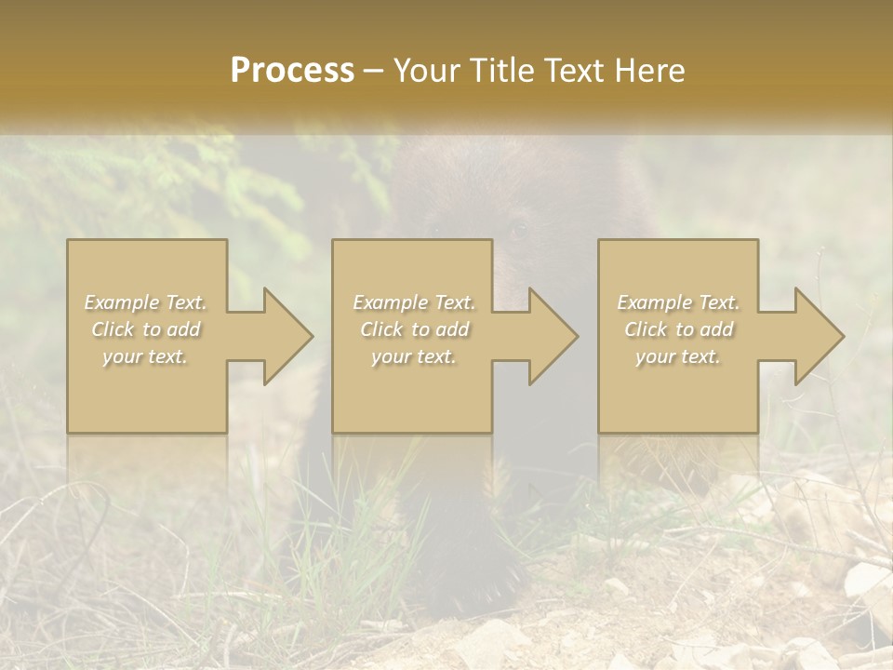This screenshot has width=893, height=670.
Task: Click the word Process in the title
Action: tap(292, 71)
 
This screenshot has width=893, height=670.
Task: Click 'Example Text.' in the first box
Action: tap(146, 302)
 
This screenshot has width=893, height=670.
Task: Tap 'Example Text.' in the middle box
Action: tap(414, 302)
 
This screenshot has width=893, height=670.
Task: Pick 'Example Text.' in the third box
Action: tap(678, 302)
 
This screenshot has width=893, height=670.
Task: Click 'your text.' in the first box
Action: tap(146, 356)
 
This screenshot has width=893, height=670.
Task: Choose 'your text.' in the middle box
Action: tap(414, 356)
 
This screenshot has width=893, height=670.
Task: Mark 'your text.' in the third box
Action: tap(678, 356)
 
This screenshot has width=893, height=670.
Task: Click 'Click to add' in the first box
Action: tap(146, 329)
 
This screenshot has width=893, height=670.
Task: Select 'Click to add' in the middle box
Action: tap(414, 329)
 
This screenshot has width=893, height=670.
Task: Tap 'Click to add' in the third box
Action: tap(678, 329)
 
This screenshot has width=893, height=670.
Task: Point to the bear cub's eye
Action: tap(518, 229)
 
